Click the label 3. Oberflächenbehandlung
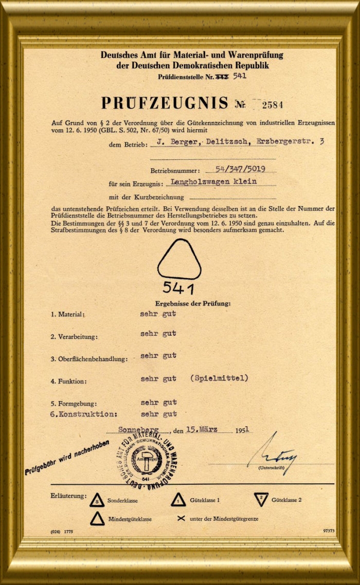pos(88,359)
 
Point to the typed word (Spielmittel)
pos(219,378)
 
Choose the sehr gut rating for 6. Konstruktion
pos(158,413)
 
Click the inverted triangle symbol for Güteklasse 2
pos(261,499)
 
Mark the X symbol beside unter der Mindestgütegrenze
pos(181,518)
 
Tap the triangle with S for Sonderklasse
pos(96,499)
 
